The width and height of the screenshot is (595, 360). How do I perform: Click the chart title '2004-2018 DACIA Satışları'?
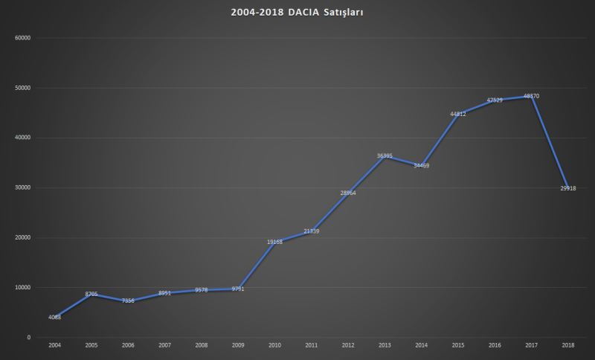pos(297,13)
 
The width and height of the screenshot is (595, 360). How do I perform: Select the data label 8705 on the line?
pos(91,294)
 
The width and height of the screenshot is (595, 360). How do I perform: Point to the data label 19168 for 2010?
pos(275,242)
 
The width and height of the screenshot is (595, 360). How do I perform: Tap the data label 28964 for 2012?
pos(348,193)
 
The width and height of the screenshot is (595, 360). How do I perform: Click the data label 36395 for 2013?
pos(385,155)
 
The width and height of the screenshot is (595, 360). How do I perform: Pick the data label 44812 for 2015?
pos(458,114)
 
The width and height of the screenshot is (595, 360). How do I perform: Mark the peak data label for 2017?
pos(532,96)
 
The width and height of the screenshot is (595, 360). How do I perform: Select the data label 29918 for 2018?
pos(568,188)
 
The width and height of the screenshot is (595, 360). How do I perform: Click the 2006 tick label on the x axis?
pos(128,346)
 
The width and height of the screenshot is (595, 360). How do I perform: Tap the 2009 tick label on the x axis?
pos(238,346)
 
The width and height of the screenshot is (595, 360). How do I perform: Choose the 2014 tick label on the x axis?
pos(422,346)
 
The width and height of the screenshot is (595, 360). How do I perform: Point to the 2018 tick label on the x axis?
pos(568,346)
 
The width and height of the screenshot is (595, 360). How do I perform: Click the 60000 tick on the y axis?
pos(22,38)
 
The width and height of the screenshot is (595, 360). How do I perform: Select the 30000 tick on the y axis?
pos(22,187)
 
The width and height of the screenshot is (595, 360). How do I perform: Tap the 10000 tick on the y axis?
pos(22,288)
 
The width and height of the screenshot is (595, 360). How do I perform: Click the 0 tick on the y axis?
pos(28,338)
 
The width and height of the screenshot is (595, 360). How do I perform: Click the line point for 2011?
pos(312,231)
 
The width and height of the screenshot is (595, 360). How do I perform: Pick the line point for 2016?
pos(495,100)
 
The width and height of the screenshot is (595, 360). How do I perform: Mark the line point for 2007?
pos(165,293)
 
